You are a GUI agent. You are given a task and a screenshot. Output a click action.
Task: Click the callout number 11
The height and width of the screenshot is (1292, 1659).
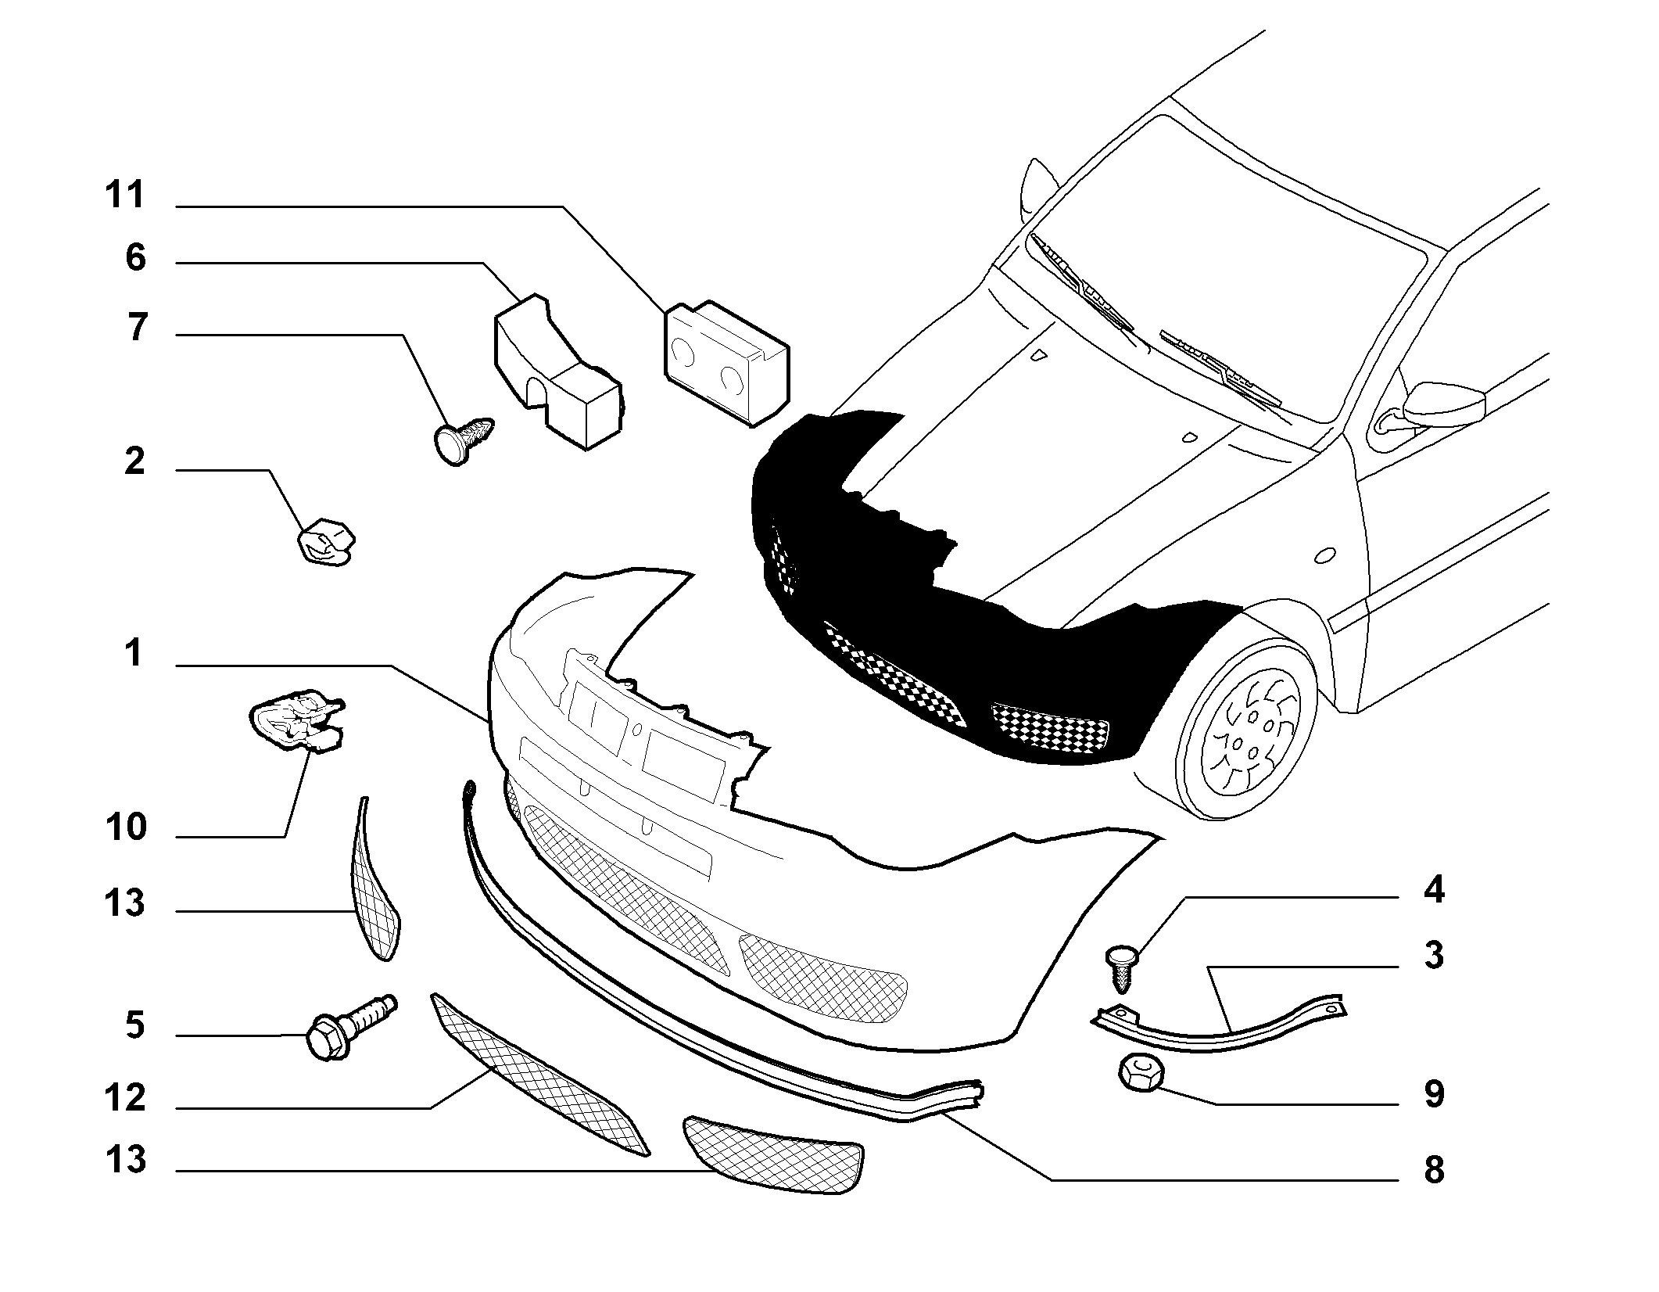click(126, 195)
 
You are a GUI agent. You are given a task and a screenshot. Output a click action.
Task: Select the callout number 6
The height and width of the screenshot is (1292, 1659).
click(135, 257)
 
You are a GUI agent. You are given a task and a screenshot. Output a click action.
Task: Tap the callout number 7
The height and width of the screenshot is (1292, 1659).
click(137, 327)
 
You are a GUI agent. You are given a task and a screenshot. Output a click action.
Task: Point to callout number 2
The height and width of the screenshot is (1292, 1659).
click(134, 461)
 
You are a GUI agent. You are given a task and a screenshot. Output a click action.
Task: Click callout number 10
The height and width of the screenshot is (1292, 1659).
click(126, 827)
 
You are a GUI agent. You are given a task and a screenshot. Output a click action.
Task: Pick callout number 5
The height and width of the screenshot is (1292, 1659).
click(135, 1025)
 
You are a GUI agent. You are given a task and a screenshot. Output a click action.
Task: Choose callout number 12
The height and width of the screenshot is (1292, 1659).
click(126, 1099)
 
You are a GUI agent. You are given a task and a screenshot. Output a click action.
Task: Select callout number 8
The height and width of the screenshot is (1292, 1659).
click(1434, 1171)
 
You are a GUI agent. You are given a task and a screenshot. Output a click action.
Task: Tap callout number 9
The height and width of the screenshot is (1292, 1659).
click(1434, 1094)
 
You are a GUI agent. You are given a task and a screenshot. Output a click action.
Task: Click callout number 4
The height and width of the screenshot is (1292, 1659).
click(1434, 891)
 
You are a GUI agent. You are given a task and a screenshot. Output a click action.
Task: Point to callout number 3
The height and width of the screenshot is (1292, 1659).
click(1434, 956)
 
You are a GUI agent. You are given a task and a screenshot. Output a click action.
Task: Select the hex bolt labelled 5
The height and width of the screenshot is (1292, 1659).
click(351, 1026)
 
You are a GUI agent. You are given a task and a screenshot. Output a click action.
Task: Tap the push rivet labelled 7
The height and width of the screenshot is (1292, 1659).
click(463, 440)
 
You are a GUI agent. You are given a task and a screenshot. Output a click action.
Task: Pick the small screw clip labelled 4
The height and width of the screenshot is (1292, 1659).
click(1122, 969)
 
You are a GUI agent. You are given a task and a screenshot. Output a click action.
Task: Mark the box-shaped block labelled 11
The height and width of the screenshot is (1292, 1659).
click(726, 362)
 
